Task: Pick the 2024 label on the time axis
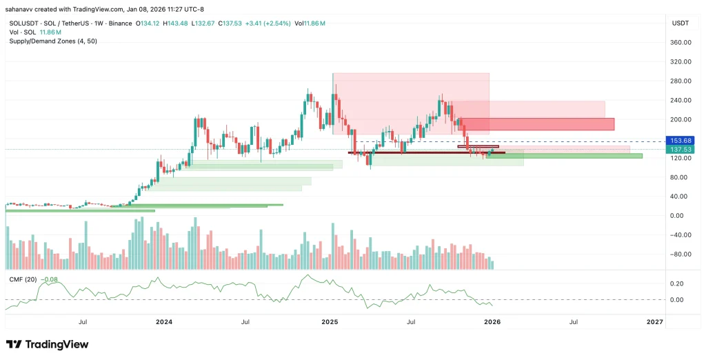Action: click(x=164, y=322)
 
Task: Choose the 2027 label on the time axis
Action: click(x=654, y=322)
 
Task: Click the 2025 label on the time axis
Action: click(x=330, y=322)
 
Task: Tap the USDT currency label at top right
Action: click(x=680, y=23)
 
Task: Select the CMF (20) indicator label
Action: click(x=23, y=279)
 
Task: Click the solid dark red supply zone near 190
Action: click(x=538, y=124)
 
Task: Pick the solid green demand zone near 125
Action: click(x=565, y=156)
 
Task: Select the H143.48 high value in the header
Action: click(x=175, y=23)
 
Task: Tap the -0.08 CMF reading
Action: click(x=50, y=279)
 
